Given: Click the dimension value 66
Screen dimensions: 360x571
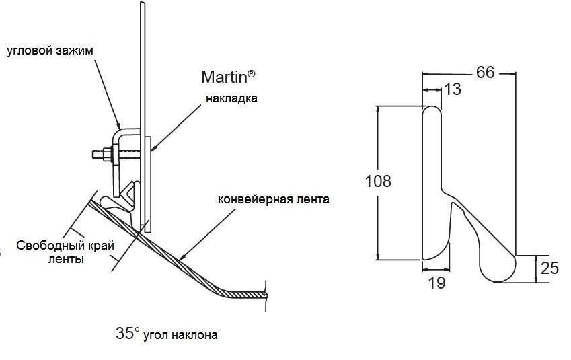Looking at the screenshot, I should tap(485, 72).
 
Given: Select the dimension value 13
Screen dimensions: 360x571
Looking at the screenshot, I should tap(453, 89).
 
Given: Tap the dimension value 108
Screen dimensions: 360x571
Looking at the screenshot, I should tap(377, 181).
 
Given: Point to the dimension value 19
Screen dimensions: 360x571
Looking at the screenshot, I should tap(436, 283).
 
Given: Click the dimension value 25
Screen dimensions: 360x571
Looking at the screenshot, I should tap(549, 268).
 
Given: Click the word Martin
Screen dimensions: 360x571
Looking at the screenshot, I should tap(225, 76).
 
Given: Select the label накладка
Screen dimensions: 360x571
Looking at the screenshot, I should tap(231, 98).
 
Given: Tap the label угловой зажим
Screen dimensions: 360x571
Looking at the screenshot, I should tap(50, 50).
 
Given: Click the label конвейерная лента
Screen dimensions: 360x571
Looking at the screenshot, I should tap(274, 199).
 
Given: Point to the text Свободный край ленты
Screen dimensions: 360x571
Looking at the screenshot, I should tap(59, 252).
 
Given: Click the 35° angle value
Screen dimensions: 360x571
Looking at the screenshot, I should tap(127, 333).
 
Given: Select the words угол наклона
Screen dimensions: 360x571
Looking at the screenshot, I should tap(180, 334).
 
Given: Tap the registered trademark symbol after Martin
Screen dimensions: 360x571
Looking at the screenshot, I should tap(252, 71).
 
